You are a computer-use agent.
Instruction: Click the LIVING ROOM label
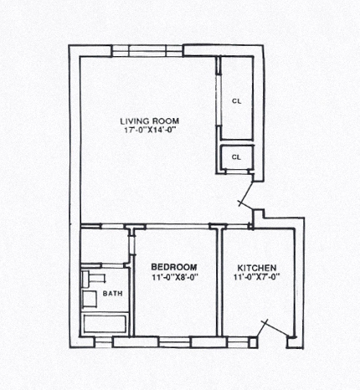[150, 121]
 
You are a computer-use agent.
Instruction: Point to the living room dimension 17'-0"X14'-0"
[151, 131]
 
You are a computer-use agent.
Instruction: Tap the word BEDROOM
[174, 267]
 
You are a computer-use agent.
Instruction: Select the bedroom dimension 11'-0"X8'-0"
[175, 277]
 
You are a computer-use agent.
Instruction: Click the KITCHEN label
[257, 268]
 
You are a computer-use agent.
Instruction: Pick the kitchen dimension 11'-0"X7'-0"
[257, 277]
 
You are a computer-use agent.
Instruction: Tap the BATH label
[112, 294]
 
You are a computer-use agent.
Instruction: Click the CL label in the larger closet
[236, 101]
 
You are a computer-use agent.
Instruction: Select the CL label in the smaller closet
[236, 157]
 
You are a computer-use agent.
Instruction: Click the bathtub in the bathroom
[105, 324]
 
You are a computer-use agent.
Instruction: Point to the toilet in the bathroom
[93, 278]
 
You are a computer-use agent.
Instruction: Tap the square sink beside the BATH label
[90, 299]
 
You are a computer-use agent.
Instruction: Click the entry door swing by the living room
[246, 195]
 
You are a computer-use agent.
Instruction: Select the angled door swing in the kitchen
[274, 329]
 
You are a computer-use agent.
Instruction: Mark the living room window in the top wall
[147, 51]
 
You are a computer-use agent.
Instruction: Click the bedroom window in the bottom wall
[174, 342]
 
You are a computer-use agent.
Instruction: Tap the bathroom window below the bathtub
[103, 342]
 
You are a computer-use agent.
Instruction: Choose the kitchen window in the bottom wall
[237, 342]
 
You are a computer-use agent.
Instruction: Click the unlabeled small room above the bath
[105, 245]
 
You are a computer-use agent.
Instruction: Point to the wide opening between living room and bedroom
[177, 226]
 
